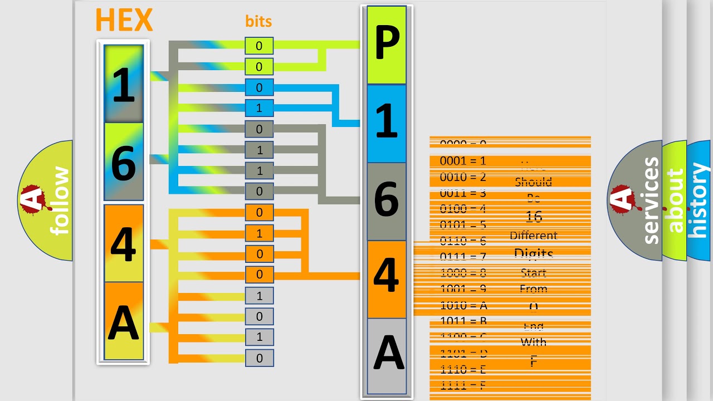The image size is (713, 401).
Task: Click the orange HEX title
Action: pyautogui.click(x=124, y=21)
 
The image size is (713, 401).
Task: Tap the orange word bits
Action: pyautogui.click(x=258, y=22)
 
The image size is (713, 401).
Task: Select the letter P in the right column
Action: pyautogui.click(x=387, y=45)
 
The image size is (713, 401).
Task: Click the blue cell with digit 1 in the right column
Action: pyautogui.click(x=387, y=123)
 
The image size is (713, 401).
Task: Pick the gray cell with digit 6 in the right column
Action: pyautogui.click(x=387, y=201)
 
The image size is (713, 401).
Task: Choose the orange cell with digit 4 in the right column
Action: pyautogui.click(x=387, y=278)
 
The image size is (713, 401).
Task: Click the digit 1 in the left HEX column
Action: pyautogui.click(x=124, y=85)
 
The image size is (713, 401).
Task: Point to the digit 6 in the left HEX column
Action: pyautogui.click(x=124, y=163)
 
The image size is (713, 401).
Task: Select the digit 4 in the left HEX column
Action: pyautogui.click(x=124, y=243)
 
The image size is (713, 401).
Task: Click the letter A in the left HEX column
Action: pyautogui.click(x=124, y=321)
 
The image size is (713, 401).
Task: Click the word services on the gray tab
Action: pyautogui.click(x=651, y=200)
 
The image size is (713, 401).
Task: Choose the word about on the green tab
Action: pyautogui.click(x=675, y=200)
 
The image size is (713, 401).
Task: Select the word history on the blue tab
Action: pyautogui.click(x=699, y=200)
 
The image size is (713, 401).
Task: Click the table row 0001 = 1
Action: pyautogui.click(x=463, y=162)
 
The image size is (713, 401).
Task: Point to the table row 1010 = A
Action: pyautogui.click(x=463, y=305)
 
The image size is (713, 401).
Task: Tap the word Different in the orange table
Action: pyautogui.click(x=533, y=236)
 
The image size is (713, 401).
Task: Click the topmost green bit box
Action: pyautogui.click(x=259, y=46)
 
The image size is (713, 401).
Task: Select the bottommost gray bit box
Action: pyautogui.click(x=259, y=358)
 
